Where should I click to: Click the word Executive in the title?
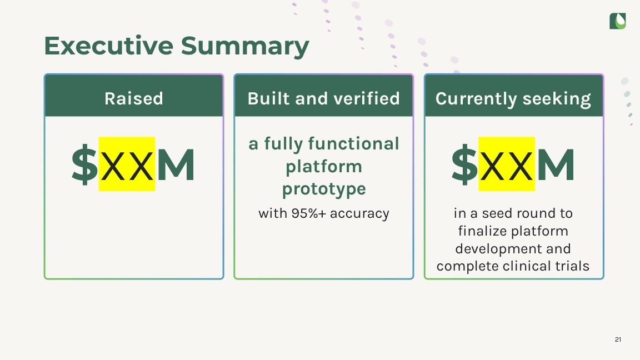tap(108, 46)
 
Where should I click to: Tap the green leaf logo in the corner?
tap(617, 21)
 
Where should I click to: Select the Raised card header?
tap(134, 98)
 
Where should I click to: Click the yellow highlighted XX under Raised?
tap(127, 164)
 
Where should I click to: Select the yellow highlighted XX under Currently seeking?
tap(507, 164)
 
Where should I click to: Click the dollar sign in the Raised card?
tap(85, 165)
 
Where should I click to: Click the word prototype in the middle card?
tap(324, 189)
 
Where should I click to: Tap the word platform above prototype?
tap(324, 167)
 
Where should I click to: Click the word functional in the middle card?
tap(353, 144)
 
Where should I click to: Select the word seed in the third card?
tap(497, 213)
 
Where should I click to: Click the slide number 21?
tap(618, 339)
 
